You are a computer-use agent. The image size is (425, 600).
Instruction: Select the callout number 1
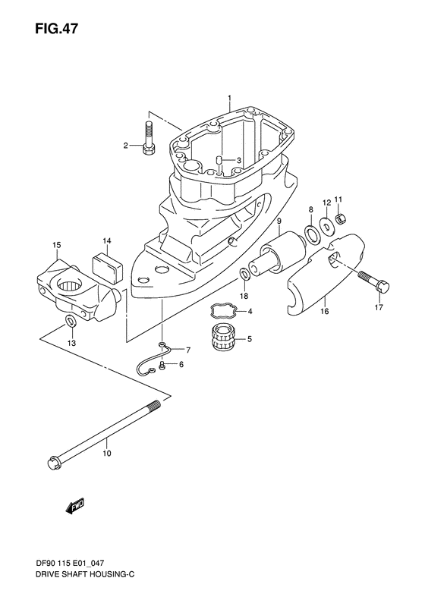[x=228, y=99]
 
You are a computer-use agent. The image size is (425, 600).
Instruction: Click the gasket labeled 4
[x=221, y=311]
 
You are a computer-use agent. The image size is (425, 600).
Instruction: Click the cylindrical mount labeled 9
[x=106, y=454]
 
